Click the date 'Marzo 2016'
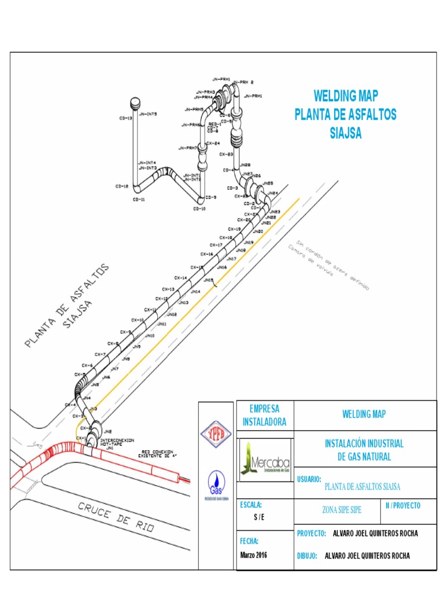pyautogui.click(x=253, y=555)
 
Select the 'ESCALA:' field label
pyautogui.click(x=251, y=505)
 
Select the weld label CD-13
pyautogui.click(x=125, y=118)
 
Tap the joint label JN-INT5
pyautogui.click(x=148, y=114)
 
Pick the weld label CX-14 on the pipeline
pyautogui.click(x=181, y=278)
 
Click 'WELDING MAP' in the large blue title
pyautogui.click(x=346, y=96)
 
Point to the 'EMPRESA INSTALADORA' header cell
pyautogui.click(x=265, y=415)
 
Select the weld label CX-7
pyautogui.click(x=100, y=354)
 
